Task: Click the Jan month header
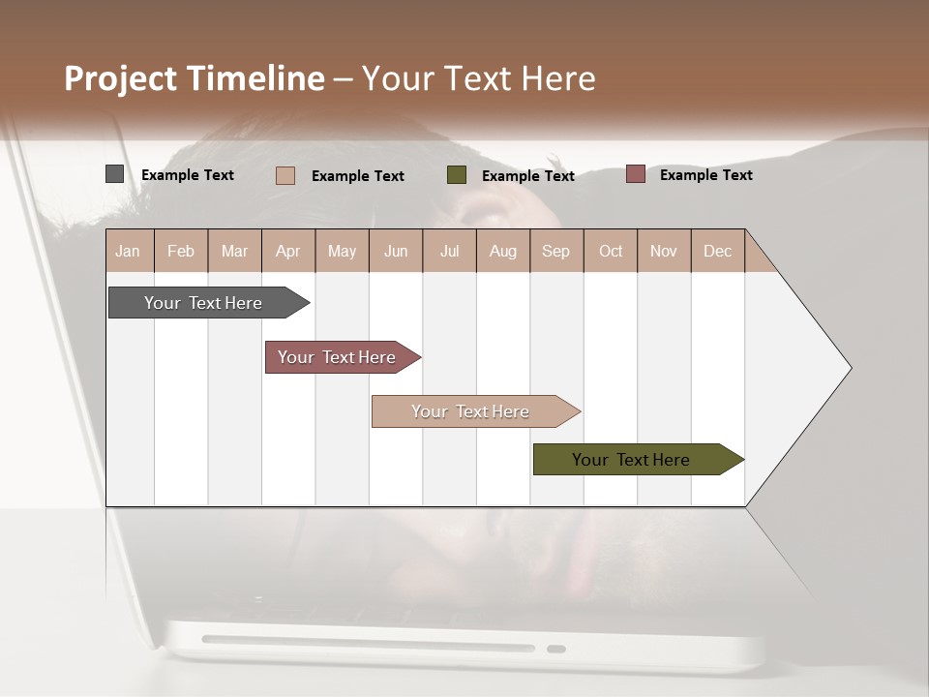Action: pos(129,251)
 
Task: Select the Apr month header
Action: pos(288,251)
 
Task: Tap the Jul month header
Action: pos(449,251)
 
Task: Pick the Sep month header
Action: pos(555,251)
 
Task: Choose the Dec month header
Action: pos(717,251)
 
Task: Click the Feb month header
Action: pos(181,251)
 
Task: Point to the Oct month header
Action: pos(611,251)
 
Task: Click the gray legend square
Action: pos(115,174)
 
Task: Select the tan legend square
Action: pos(285,175)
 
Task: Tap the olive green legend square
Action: pos(457,175)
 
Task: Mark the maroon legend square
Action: pos(635,174)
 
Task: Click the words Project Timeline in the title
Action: pos(195,78)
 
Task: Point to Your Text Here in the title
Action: pos(479,78)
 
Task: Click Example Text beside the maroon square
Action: pos(705,175)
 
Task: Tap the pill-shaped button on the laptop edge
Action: pos(556,649)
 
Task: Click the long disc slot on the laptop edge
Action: pos(368,643)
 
